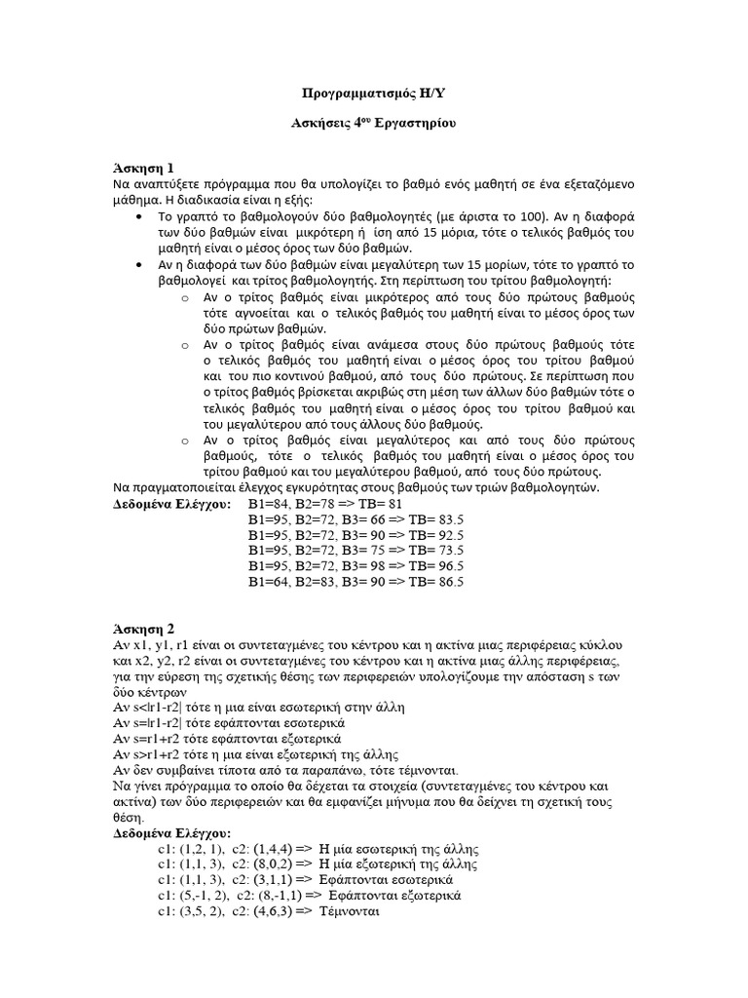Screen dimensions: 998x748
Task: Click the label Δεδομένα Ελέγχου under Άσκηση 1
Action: point(172,505)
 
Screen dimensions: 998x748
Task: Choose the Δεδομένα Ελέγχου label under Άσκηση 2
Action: point(172,834)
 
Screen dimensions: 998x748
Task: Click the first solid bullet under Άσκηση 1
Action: point(143,215)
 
